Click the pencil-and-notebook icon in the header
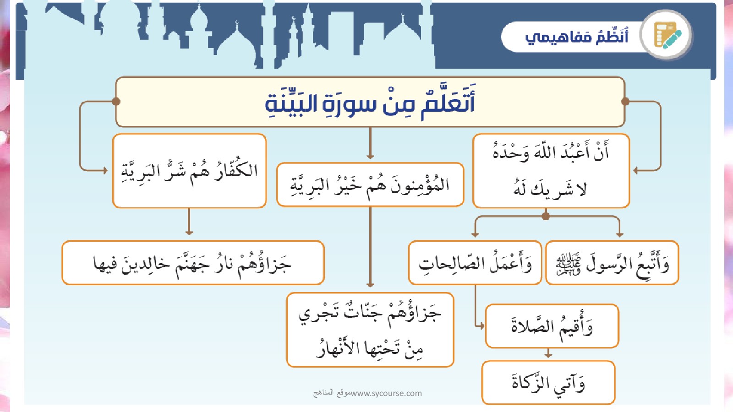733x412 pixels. (x=667, y=35)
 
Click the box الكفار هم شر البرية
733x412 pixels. (x=189, y=171)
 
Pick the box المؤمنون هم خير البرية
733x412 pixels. (x=370, y=184)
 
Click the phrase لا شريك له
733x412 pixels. (x=550, y=188)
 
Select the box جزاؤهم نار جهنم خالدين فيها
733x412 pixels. (x=193, y=263)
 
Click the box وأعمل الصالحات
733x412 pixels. (x=475, y=263)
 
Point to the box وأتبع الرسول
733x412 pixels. (x=612, y=263)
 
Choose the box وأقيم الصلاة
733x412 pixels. (x=552, y=326)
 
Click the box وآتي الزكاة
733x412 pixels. (x=548, y=383)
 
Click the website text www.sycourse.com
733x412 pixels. (x=386, y=393)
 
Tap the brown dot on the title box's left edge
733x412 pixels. (x=116, y=102)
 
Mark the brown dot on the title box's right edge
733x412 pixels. (x=625, y=102)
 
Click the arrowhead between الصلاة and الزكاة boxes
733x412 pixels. (x=548, y=355)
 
